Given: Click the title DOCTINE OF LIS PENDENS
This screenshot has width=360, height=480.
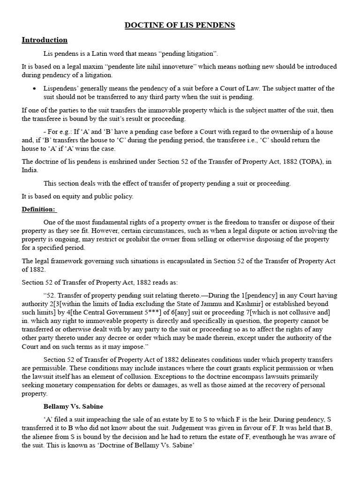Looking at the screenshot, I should coord(180,25).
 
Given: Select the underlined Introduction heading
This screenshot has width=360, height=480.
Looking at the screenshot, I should coord(45,40).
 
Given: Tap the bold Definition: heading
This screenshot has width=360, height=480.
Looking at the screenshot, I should coord(38,209).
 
